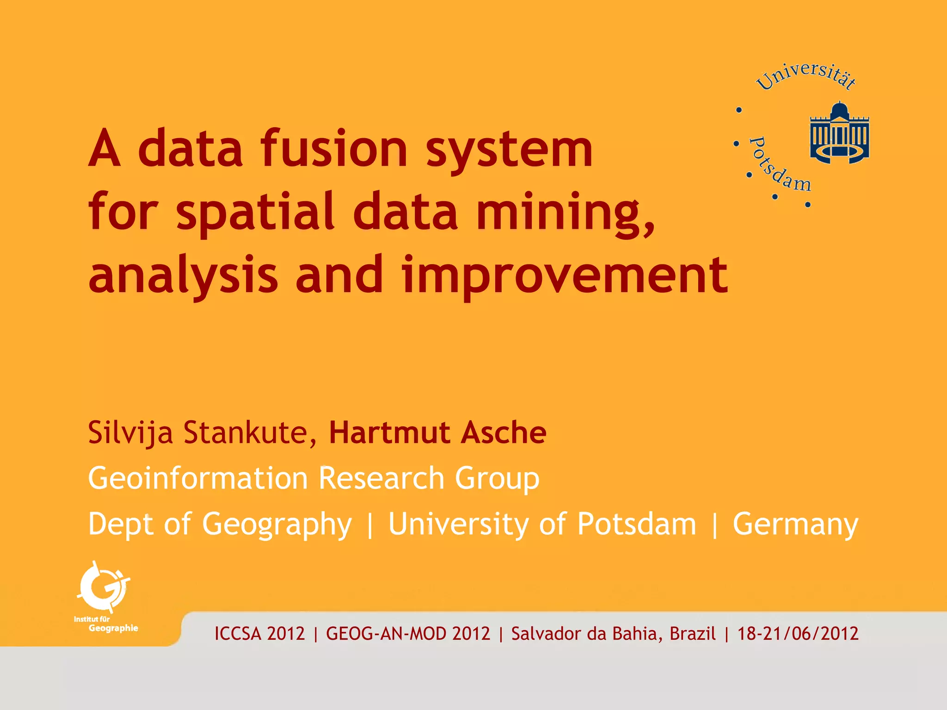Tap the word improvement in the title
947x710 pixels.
pyautogui.click(x=565, y=276)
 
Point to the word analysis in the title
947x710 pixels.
pyautogui.click(x=183, y=276)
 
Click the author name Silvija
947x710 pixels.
pyautogui.click(x=130, y=433)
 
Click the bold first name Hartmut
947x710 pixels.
pyautogui.click(x=389, y=433)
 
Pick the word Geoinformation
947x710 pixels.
pyautogui.click(x=198, y=478)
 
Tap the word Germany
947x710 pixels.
pyautogui.click(x=795, y=525)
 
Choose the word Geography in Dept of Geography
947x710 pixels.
pyautogui.click(x=277, y=525)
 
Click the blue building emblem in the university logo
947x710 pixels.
pyautogui.click(x=839, y=133)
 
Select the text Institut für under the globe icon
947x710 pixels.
pyautogui.click(x=92, y=619)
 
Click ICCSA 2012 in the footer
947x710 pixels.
pyautogui.click(x=259, y=634)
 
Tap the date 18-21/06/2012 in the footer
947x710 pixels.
pyautogui.click(x=798, y=634)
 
